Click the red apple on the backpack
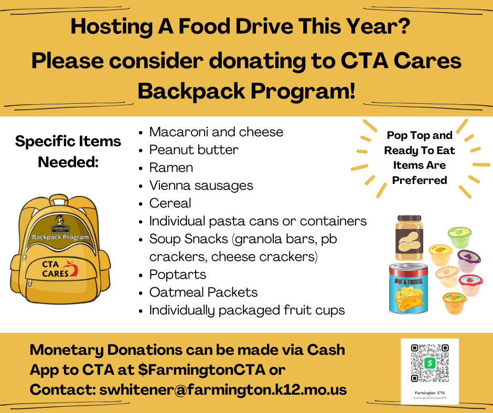tap(73, 269)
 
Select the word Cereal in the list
tap(170, 203)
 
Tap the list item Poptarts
tap(177, 275)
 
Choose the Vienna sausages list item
tap(201, 186)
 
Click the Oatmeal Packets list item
tap(203, 292)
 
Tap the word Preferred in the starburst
tap(419, 180)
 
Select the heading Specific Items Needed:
tap(68, 151)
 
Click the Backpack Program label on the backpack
tap(60, 237)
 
